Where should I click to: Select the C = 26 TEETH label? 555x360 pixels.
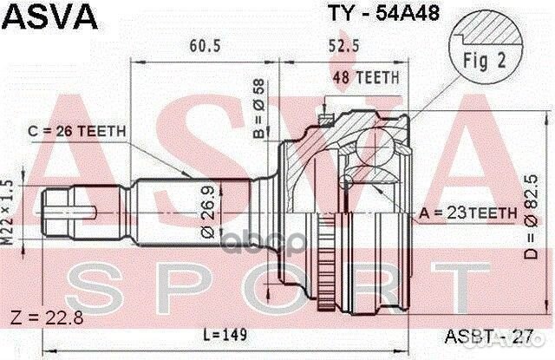[79, 132]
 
